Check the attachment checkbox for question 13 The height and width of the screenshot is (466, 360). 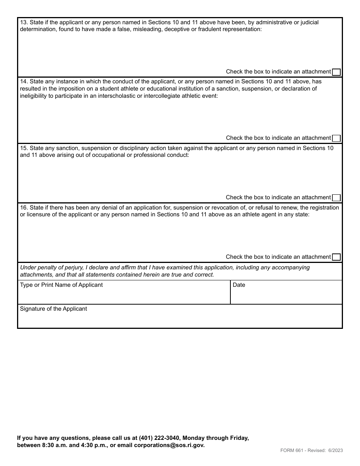336,72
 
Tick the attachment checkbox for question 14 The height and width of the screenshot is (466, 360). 336,138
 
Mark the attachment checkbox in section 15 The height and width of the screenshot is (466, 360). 336,198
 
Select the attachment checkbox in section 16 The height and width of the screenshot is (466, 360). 336,257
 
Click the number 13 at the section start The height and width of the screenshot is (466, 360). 23,22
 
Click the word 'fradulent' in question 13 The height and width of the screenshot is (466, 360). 210,29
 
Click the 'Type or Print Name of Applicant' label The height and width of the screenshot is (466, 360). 61,285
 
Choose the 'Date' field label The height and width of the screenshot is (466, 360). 239,285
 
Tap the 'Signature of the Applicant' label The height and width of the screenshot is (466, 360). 53,309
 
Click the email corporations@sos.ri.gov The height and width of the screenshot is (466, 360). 169,445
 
